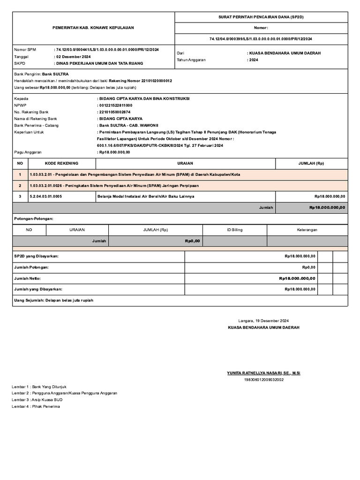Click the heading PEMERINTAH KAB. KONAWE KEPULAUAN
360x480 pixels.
pos(93,28)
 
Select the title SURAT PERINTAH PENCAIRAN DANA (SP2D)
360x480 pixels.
pos(261,17)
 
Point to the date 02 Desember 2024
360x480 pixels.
pos(73,56)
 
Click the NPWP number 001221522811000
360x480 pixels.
pos(115,105)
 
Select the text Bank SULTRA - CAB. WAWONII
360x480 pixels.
pos(128,126)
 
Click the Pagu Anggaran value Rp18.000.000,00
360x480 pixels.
pos(114,152)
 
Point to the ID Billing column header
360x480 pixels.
pos(235,230)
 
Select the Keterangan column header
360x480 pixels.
pos(307,230)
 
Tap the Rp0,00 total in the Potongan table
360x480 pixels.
pos(192,241)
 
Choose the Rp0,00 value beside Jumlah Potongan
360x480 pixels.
pos(308,267)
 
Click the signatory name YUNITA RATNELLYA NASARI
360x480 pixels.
pos(263,373)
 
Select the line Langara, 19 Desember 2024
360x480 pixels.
pos(263,321)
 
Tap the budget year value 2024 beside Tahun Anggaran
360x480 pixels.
pos(254,60)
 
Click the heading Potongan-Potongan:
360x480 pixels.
pos(34,219)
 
